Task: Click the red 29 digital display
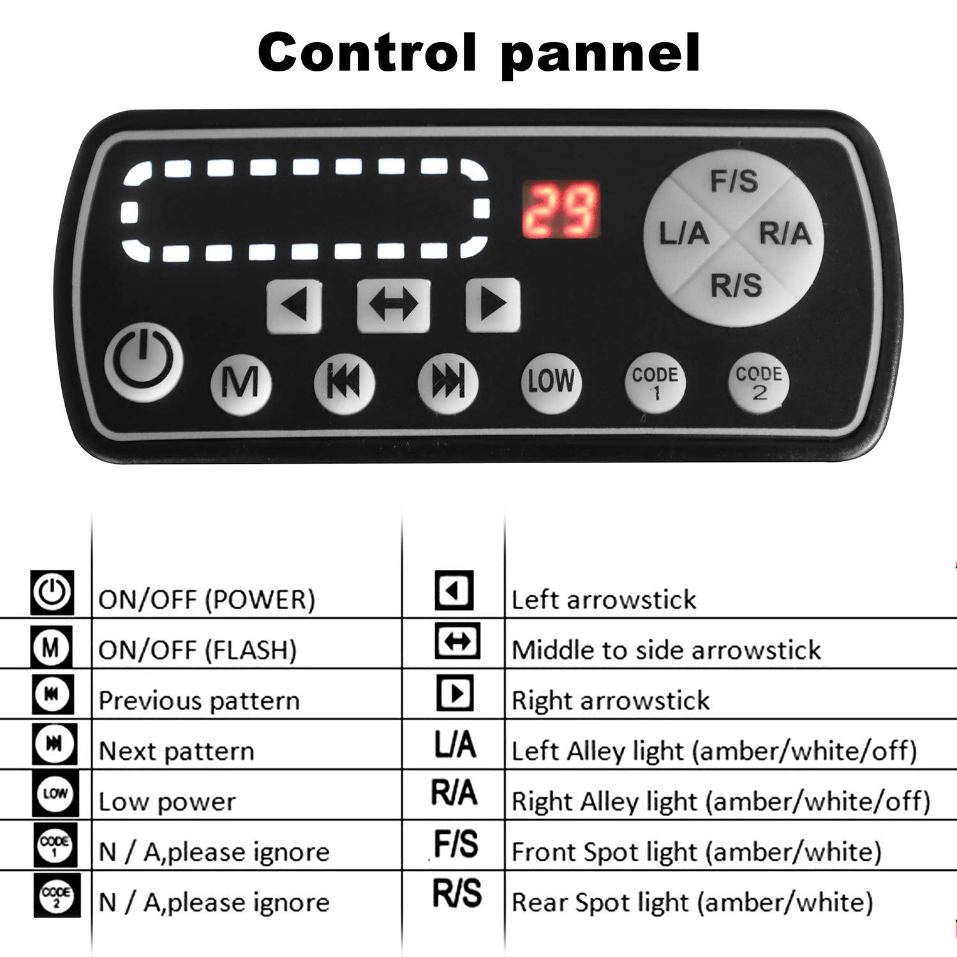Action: point(561,210)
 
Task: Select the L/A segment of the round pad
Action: point(683,233)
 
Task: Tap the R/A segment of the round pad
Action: point(785,233)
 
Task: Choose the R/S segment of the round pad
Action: point(736,285)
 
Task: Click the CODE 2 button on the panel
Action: point(759,383)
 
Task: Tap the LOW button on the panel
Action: point(551,382)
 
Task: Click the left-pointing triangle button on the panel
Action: point(294,306)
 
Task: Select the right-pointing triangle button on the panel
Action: point(493,306)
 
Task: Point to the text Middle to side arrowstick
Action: point(666,650)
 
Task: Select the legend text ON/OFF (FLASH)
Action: point(198,650)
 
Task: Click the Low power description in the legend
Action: point(167,802)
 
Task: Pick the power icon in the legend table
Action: point(52,592)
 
